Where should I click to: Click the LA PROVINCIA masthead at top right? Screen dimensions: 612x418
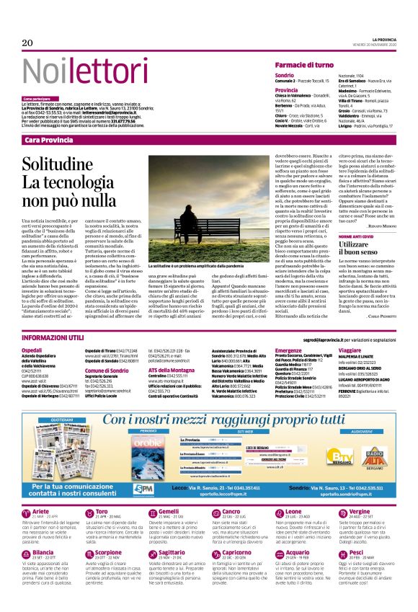pos(377,38)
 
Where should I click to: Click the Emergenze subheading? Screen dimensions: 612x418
pos(289,349)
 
